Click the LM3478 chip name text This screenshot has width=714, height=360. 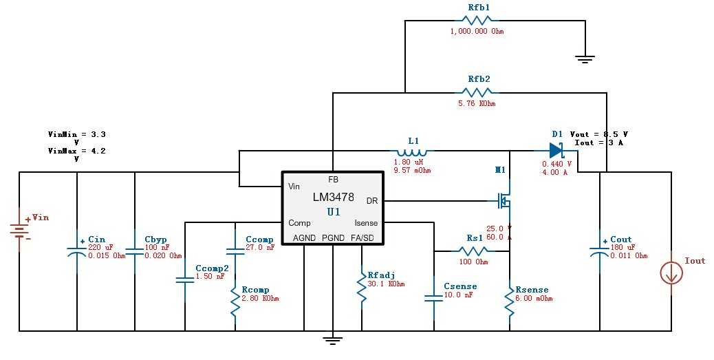coord(334,198)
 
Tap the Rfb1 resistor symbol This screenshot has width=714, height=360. coord(477,21)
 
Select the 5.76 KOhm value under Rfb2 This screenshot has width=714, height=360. coord(477,103)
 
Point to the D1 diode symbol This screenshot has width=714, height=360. coord(556,150)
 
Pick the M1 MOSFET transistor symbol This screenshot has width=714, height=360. coord(504,200)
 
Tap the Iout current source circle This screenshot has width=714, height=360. coord(671,273)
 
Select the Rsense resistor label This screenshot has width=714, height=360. coord(532,290)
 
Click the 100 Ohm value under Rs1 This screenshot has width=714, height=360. coord(473,262)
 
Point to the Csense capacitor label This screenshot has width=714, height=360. coord(460,286)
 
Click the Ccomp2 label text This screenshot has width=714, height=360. coord(212,268)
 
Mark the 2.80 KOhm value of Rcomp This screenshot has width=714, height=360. coord(260,299)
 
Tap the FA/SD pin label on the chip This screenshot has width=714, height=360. coord(363,238)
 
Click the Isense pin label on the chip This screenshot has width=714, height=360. coord(366,223)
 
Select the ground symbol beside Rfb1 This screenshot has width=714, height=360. coord(585,59)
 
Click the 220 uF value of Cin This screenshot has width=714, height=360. coord(100,247)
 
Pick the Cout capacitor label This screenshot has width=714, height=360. coord(621,240)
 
